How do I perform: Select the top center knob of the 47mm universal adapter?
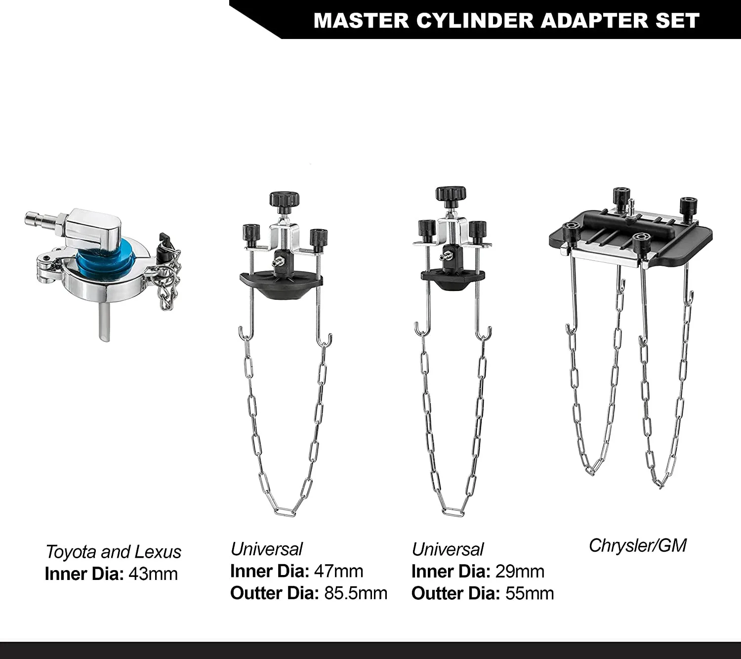284,200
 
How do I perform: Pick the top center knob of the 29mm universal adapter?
450,194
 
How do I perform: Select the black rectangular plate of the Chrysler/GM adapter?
692,245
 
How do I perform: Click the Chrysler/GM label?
637,545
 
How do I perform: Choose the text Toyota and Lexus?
113,552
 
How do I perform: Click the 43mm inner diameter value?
153,574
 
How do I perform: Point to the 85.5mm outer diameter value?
356,593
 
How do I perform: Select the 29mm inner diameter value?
519,572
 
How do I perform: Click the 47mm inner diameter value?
338,571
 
